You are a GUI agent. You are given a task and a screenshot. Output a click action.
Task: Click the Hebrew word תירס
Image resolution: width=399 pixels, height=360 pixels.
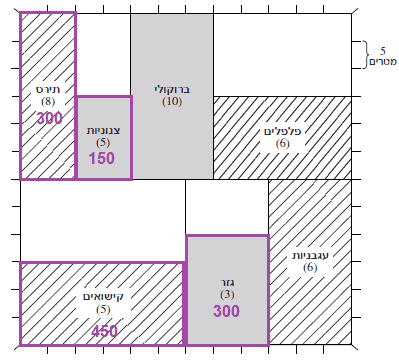[x=48, y=90]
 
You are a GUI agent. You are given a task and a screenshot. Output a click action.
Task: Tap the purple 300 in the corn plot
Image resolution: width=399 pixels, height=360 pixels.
[x=49, y=118]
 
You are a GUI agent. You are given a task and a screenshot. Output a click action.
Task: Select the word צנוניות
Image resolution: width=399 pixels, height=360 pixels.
[x=103, y=131]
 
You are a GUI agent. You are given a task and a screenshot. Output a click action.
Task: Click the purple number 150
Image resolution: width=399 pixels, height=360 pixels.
[x=102, y=158]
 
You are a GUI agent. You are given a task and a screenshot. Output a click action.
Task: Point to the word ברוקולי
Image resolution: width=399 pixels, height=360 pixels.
[x=172, y=90]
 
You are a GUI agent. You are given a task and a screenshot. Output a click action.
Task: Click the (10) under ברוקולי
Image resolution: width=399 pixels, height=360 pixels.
[x=172, y=102]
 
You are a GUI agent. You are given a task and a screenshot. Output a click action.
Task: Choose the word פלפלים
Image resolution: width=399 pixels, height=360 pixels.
[x=283, y=131]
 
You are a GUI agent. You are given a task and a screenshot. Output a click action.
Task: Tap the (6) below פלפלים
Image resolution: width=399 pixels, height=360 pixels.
[x=283, y=144]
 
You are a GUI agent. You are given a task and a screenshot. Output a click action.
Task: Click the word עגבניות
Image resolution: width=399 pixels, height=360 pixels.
[x=310, y=256]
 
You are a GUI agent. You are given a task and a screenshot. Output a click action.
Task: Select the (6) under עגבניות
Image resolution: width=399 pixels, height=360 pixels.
[x=310, y=268]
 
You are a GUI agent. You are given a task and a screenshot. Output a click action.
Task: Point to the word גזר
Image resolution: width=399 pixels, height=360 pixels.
[x=227, y=283]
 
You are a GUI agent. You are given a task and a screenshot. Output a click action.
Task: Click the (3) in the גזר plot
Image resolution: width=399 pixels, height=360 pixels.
[x=227, y=295]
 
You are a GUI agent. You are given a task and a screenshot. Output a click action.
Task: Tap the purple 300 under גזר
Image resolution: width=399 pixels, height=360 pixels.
[x=227, y=311]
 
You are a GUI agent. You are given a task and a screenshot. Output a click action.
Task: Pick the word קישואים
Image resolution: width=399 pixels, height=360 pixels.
[x=103, y=297]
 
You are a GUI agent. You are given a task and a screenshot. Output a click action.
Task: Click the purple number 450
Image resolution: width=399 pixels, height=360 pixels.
[x=105, y=331]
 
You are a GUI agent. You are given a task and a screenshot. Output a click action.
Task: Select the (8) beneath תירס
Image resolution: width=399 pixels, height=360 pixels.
[x=48, y=102]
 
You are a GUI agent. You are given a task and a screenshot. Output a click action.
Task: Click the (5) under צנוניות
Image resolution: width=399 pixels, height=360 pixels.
[x=103, y=143]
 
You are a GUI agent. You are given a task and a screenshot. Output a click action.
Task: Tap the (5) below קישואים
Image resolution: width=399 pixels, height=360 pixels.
[x=103, y=310]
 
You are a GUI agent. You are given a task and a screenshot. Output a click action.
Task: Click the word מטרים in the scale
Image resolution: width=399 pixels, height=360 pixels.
[x=383, y=62]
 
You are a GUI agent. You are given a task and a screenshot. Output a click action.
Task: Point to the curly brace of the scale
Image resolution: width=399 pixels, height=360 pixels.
[x=366, y=55]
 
